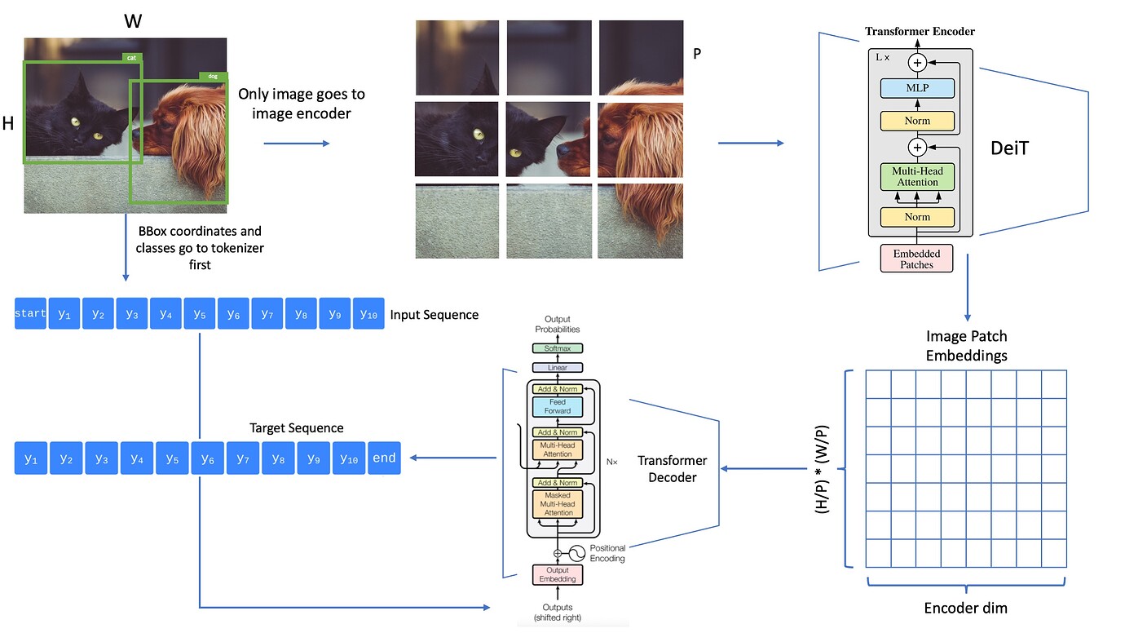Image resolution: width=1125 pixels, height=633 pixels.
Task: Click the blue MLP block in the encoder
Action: point(917,88)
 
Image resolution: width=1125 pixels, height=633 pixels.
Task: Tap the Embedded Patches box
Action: point(916,259)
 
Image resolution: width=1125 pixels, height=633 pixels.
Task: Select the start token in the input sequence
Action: point(30,314)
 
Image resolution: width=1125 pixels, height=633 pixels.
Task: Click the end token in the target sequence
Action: point(384,458)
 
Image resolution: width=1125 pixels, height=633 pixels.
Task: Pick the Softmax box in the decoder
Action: point(558,348)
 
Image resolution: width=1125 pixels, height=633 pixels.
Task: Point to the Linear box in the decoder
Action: point(558,368)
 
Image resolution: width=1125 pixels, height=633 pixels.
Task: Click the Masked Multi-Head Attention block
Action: point(558,504)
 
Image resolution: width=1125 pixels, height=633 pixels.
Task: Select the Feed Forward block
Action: point(558,407)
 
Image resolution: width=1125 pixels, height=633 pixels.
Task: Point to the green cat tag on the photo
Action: point(131,58)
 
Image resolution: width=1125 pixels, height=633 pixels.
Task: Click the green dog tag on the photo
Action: point(213,77)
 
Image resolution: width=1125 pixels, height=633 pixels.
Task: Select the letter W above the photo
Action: point(133,22)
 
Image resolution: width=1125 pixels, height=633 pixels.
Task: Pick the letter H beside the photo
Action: point(8,123)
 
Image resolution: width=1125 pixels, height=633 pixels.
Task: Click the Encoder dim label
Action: point(965,608)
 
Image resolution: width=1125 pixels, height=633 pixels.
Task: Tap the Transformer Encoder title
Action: point(920,32)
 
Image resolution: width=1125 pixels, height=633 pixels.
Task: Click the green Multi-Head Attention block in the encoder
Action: point(917,177)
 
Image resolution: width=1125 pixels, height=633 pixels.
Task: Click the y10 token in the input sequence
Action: point(367,314)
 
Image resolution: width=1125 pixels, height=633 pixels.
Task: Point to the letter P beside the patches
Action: point(697,54)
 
